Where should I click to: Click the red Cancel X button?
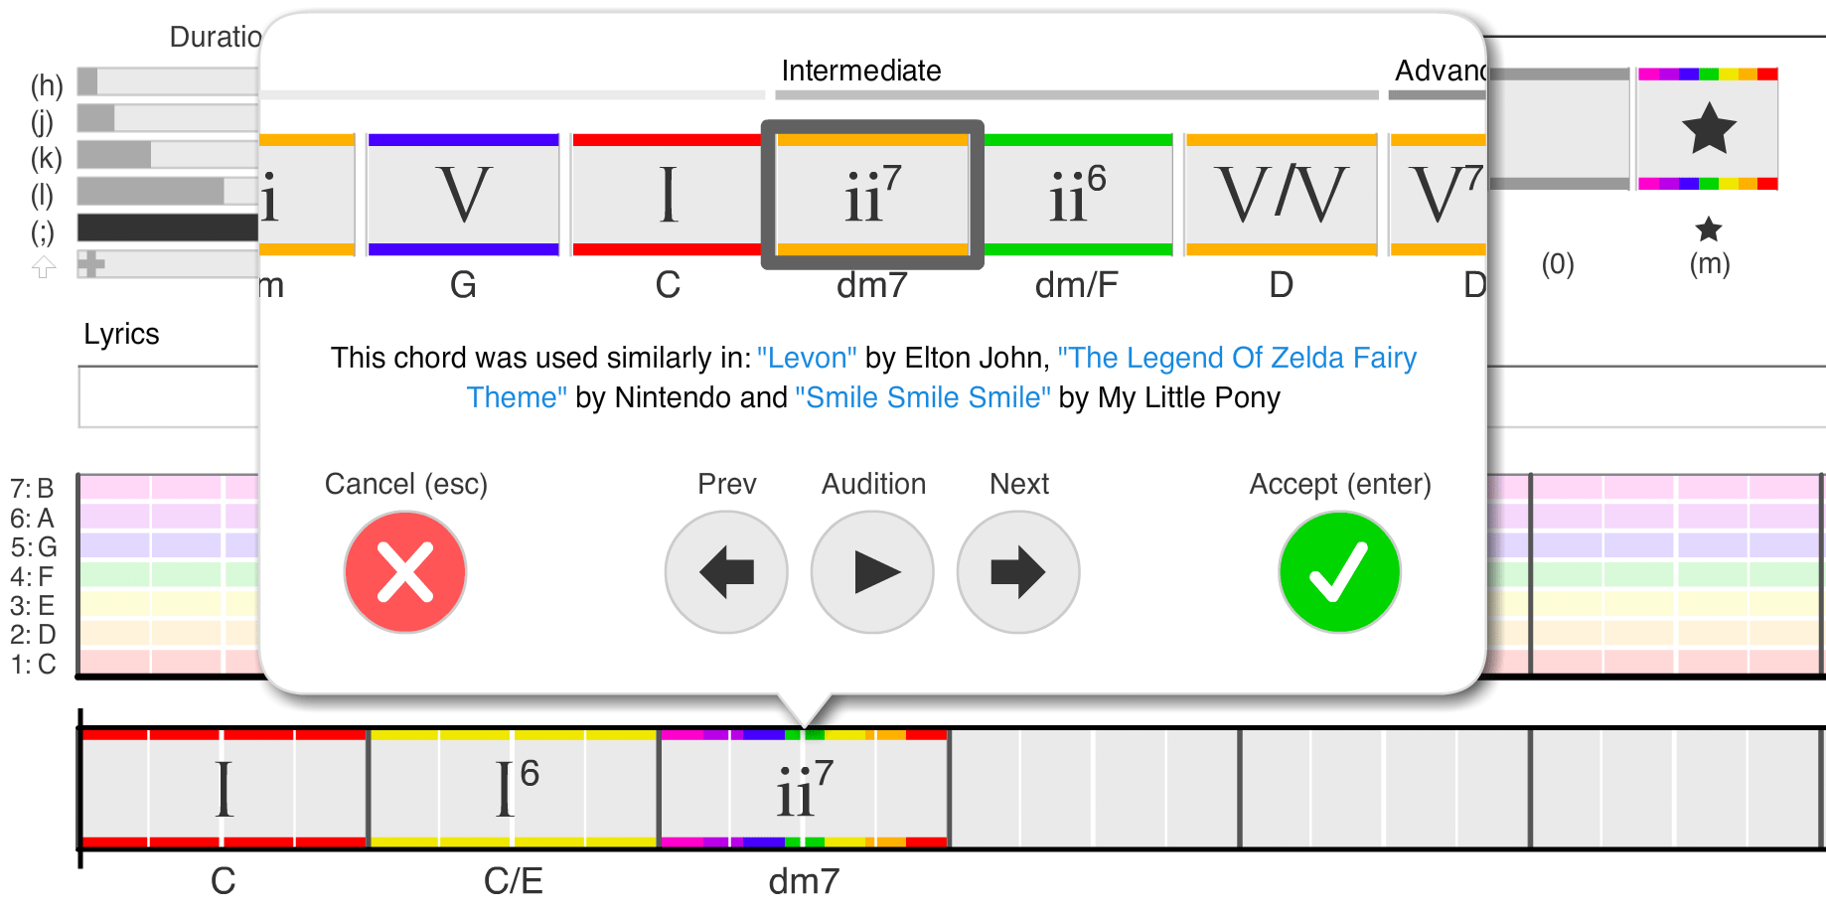[x=405, y=572]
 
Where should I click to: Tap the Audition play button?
[x=872, y=572]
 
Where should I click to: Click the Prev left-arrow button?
[x=726, y=572]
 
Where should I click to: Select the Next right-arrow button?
[x=1018, y=572]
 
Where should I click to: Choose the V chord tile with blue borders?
[x=463, y=195]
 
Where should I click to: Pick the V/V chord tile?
[x=1281, y=195]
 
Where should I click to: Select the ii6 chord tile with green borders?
[x=1077, y=195]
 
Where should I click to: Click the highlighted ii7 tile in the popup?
[x=872, y=195]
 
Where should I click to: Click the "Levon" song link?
[x=807, y=358]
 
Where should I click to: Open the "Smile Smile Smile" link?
[x=923, y=397]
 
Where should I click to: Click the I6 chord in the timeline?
[x=514, y=789]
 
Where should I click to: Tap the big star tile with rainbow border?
[x=1708, y=129]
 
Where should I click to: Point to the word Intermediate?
[x=860, y=71]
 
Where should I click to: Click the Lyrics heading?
[x=121, y=334]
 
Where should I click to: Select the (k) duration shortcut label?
[x=46, y=158]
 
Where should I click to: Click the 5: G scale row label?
[x=34, y=547]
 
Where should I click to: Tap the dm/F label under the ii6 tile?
[x=1076, y=286]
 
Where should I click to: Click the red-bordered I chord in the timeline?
[x=224, y=789]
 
